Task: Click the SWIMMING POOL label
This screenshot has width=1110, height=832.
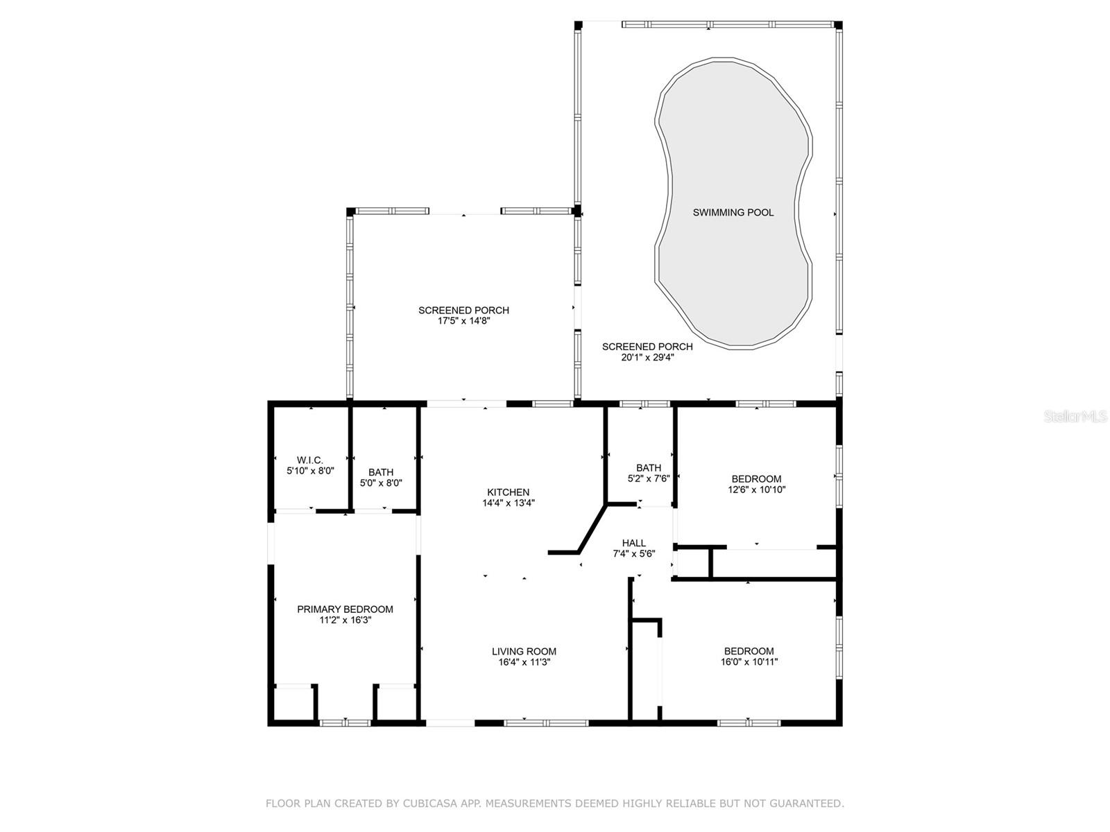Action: coord(733,213)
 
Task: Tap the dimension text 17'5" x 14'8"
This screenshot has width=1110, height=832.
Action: coord(463,321)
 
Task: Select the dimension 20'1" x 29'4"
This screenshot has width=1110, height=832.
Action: coord(647,358)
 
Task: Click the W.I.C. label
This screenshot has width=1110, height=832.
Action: coord(309,460)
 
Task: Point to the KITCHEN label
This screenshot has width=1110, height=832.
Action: coord(508,492)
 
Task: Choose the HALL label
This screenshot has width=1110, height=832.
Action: coord(633,543)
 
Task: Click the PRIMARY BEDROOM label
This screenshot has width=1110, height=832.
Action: coord(345,609)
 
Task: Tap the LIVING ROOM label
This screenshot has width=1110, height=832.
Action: coord(524,651)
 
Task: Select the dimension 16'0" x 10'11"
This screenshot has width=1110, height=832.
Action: coord(749,662)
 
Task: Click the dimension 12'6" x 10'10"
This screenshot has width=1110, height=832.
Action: coord(756,489)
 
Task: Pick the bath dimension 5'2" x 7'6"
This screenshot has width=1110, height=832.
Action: coord(648,479)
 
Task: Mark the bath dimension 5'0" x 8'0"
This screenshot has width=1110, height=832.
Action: coord(381,483)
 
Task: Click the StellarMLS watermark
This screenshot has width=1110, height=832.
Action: coord(1075,416)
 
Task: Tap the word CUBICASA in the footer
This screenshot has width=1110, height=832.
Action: coord(432,804)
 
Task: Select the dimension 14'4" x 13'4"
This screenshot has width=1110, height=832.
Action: coord(508,503)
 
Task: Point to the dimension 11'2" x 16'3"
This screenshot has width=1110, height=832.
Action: coord(345,621)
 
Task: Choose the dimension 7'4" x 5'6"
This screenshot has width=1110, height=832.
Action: coord(633,554)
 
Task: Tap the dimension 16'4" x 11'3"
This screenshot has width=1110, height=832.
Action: coord(524,662)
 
